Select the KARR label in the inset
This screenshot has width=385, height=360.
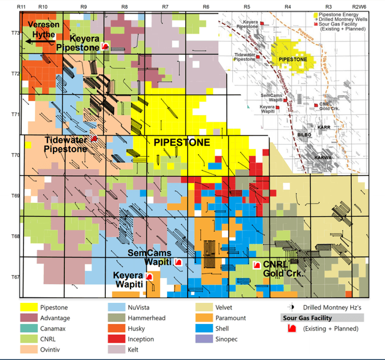point(325,128)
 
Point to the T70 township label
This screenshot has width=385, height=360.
point(11,155)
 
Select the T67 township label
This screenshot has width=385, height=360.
point(11,277)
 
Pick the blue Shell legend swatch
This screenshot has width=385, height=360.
point(203,328)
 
